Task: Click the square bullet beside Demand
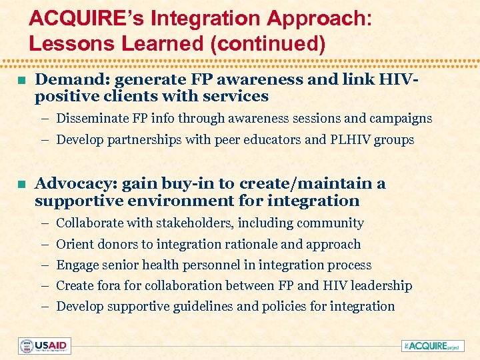pos(21,81)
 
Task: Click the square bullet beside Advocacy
pos(21,185)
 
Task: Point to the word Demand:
pos(73,80)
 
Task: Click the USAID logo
pos(45,346)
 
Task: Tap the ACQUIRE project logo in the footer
pos(434,346)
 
